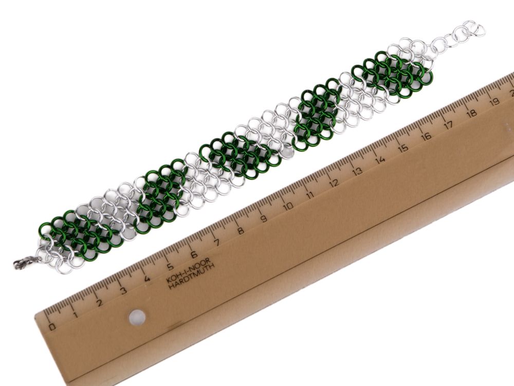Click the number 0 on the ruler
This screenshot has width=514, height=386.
pos(52,327)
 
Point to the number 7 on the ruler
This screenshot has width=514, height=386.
pos(217,243)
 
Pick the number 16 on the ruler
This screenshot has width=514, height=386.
pos(426,136)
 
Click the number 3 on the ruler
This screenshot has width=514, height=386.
pos(123,290)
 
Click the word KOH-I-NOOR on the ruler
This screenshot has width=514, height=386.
pos(188,270)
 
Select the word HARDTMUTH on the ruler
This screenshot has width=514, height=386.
pos(192,276)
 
